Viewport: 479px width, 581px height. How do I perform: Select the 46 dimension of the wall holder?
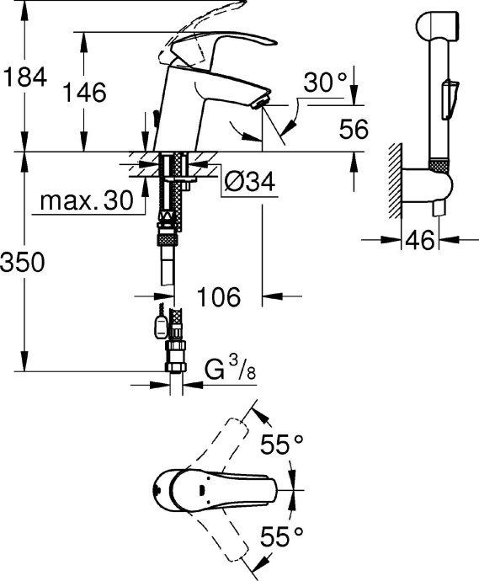[x=418, y=241]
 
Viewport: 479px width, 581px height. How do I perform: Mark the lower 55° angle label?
[x=279, y=534]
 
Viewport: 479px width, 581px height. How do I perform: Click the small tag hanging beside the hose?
[x=158, y=322]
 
